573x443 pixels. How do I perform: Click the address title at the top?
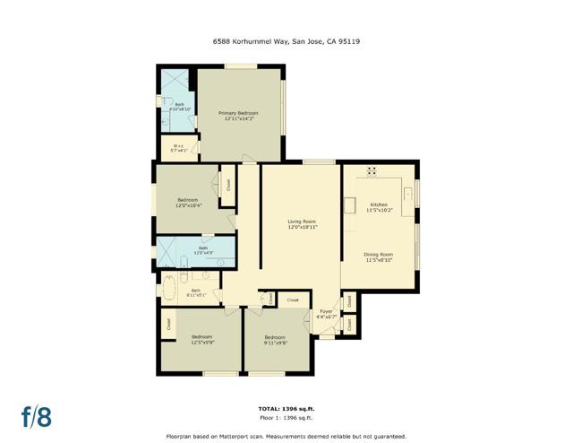(x=286, y=41)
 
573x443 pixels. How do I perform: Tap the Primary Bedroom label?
(x=239, y=117)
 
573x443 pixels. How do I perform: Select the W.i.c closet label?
(x=177, y=148)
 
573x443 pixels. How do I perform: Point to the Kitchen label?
(x=380, y=207)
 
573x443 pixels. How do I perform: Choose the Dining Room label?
(x=378, y=257)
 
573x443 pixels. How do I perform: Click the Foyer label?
(x=326, y=314)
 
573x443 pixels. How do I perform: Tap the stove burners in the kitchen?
(x=372, y=170)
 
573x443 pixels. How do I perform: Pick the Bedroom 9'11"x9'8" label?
(x=275, y=340)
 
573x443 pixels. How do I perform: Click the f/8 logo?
(x=37, y=416)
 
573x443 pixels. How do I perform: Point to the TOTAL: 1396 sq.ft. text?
(x=286, y=408)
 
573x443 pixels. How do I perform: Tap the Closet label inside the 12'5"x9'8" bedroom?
(x=167, y=323)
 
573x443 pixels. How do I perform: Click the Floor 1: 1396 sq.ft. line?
(x=286, y=417)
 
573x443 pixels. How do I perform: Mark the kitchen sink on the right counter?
(x=407, y=193)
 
